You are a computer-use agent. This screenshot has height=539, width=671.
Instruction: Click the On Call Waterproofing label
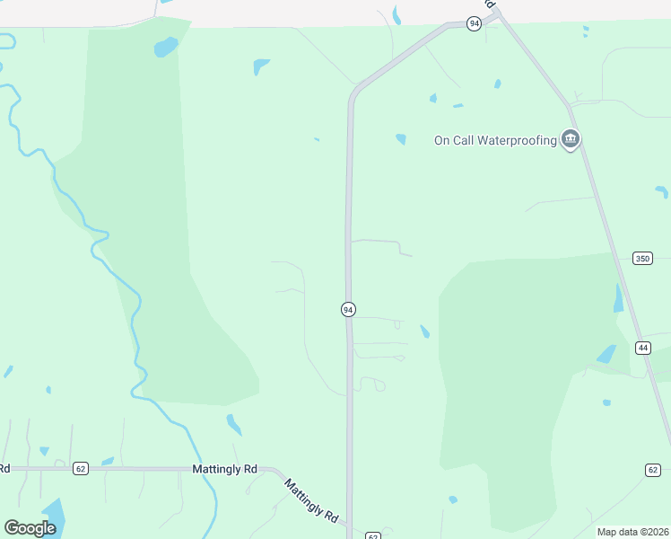[495, 140]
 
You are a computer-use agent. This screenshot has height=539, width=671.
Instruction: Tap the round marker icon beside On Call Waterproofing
[570, 140]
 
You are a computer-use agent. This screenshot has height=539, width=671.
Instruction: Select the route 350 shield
[641, 259]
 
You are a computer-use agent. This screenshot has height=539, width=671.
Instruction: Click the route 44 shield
[643, 348]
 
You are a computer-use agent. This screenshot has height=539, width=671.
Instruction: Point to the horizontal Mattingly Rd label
[224, 469]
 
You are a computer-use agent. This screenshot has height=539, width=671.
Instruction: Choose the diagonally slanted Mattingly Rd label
[311, 499]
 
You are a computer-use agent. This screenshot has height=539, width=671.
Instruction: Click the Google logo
[30, 527]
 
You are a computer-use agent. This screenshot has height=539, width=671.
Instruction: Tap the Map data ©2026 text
[632, 532]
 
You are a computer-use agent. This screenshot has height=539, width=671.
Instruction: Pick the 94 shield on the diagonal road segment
[474, 24]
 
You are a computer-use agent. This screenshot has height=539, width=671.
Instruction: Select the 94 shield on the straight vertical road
[348, 309]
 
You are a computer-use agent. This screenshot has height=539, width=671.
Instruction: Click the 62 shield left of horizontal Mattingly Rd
[81, 468]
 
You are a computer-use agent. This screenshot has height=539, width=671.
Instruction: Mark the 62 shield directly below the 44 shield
[652, 470]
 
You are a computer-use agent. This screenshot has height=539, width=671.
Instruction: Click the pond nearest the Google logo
[51, 514]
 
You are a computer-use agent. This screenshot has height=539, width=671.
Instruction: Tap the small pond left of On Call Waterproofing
[400, 139]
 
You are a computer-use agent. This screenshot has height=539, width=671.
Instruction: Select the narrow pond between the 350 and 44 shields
[618, 298]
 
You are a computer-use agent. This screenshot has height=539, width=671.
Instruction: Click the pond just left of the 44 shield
[607, 354]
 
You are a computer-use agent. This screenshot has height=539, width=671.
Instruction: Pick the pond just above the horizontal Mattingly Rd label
[233, 423]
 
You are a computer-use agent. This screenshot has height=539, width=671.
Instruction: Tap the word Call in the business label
[463, 140]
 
